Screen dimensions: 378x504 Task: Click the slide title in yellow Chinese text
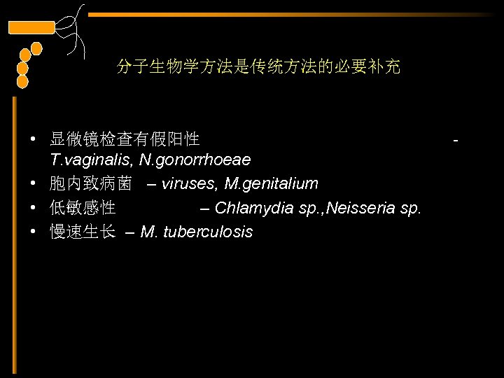[258, 67]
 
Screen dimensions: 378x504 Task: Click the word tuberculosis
[208, 232]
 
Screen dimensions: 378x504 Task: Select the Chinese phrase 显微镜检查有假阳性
[125, 138]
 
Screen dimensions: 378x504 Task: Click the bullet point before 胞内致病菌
[34, 184]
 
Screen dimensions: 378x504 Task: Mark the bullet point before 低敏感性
[34, 208]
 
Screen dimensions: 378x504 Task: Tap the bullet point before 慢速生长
[34, 232]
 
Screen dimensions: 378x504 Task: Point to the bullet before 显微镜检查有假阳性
[34, 138]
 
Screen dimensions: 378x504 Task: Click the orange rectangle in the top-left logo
[31, 28]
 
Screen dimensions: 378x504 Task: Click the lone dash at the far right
[456, 141]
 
